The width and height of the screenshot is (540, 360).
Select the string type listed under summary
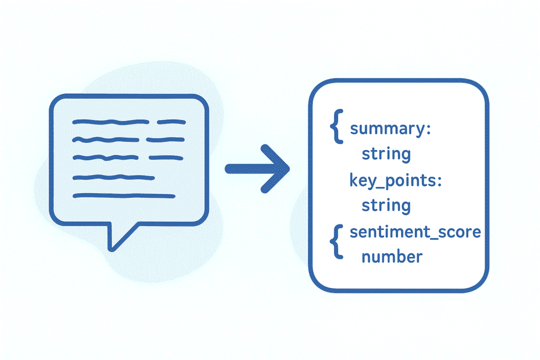click(385, 154)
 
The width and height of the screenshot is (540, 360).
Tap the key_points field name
click(391, 181)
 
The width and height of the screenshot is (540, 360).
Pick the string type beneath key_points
click(385, 206)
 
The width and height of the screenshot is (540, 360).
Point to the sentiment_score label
click(415, 232)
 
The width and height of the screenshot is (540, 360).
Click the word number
click(392, 257)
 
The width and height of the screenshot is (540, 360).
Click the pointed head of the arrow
click(279, 169)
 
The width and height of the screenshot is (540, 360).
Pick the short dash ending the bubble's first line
click(171, 122)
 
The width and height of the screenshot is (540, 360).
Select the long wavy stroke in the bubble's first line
click(111, 122)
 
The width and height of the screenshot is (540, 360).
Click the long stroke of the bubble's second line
click(105, 140)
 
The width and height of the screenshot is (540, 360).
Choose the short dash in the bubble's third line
click(166, 158)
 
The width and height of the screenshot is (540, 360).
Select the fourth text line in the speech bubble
click(113, 177)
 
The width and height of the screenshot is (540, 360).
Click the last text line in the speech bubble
click(123, 196)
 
